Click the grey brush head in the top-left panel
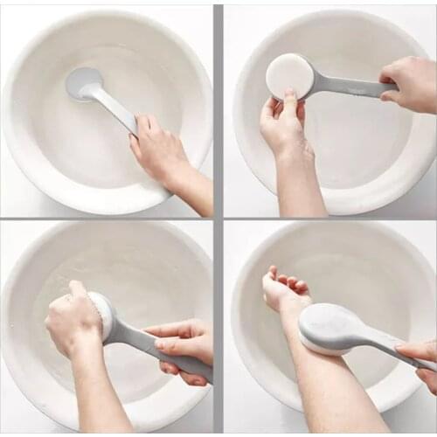point(83,83)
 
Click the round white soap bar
point(289,76)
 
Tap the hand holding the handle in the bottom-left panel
point(184,345)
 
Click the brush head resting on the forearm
point(328,329)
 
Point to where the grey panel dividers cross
point(218,218)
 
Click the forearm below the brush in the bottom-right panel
point(341,393)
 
